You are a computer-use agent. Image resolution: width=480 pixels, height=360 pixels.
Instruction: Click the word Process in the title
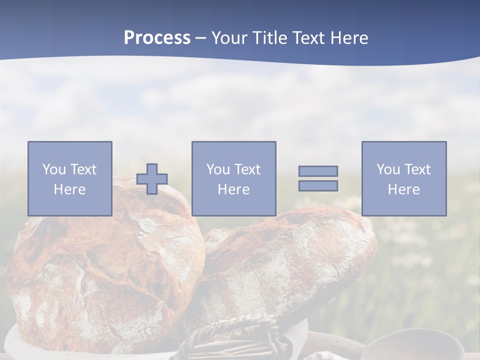[157, 38]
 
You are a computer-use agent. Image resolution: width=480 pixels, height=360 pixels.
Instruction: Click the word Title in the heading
[269, 38]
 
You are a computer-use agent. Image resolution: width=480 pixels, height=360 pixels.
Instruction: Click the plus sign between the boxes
[152, 179]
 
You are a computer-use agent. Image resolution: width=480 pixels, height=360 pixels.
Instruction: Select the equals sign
[318, 178]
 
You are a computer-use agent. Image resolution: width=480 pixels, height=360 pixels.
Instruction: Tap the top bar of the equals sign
[318, 171]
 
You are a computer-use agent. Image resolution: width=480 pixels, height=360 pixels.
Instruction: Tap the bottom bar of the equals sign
[318, 186]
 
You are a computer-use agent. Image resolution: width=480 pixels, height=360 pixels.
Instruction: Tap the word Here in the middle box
[233, 189]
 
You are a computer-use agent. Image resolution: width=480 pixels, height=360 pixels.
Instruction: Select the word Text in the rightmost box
[418, 169]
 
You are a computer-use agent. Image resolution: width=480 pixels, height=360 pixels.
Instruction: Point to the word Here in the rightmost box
[403, 189]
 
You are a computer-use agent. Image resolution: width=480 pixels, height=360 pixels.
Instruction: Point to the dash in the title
[201, 38]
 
